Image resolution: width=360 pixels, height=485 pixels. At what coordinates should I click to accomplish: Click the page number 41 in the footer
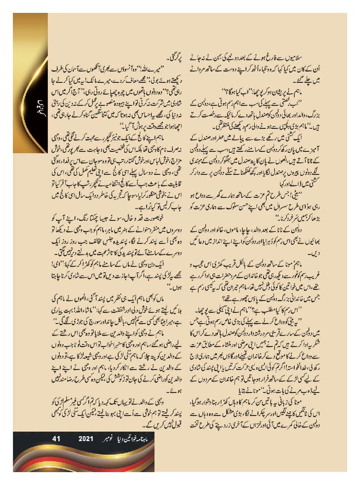pos(57,439)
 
